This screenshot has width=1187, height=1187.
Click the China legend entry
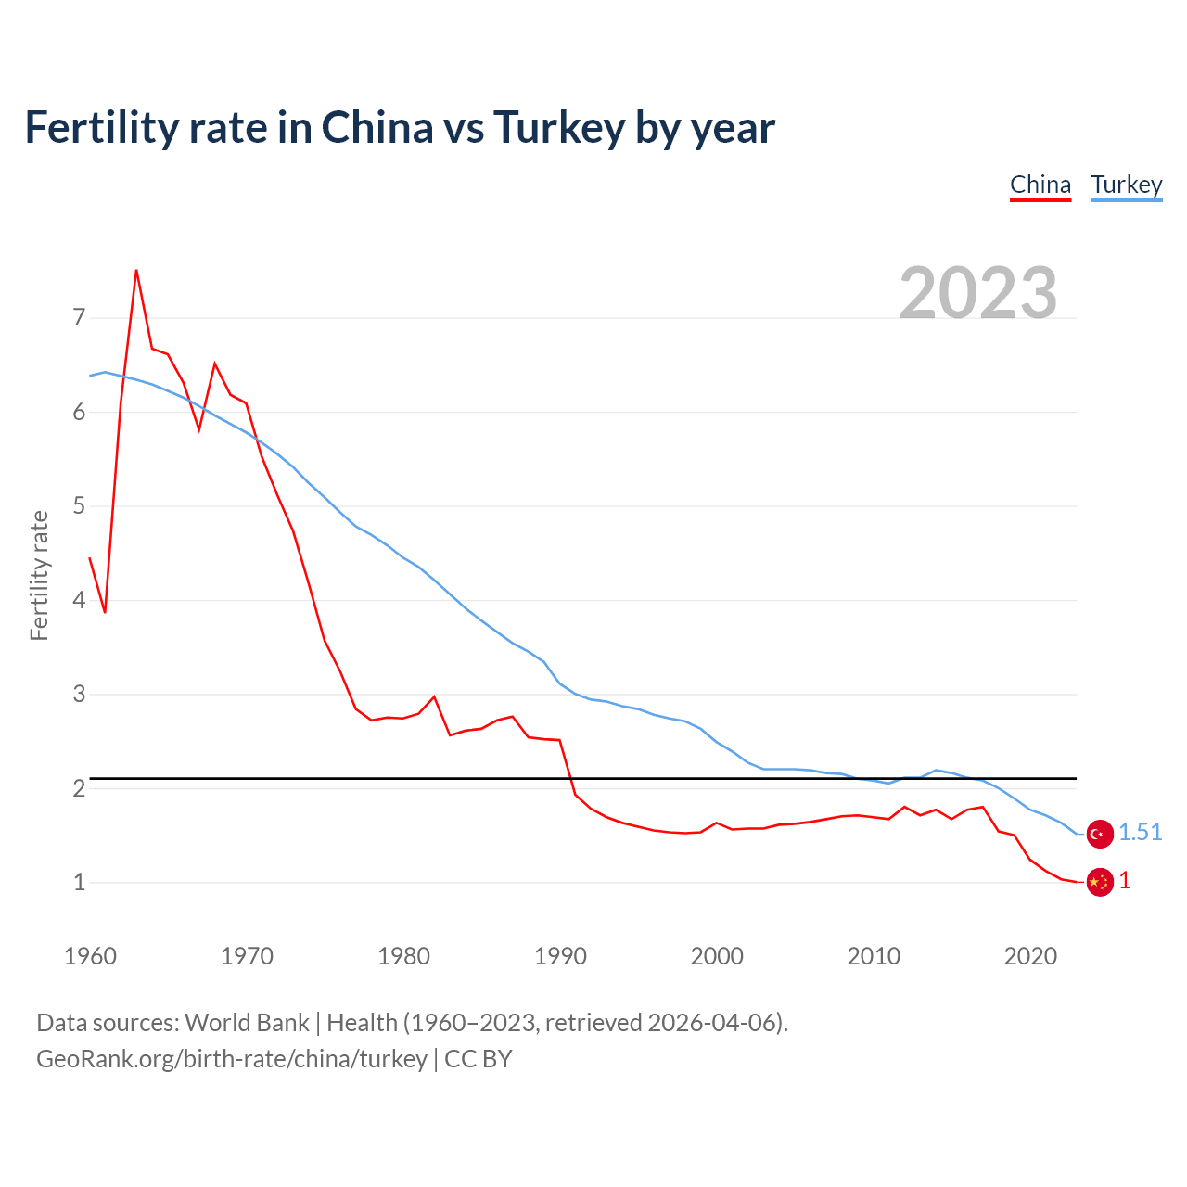pos(1040,185)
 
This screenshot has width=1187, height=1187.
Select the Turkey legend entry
pos(1126,185)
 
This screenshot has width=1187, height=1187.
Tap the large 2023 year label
pos(978,293)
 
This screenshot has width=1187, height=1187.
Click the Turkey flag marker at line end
pos(1100,834)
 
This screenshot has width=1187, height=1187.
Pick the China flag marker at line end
pos(1100,882)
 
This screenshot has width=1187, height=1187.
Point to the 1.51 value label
pos(1140,833)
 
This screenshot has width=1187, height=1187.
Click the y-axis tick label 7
pos(79,318)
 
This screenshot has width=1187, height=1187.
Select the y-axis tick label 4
pos(79,600)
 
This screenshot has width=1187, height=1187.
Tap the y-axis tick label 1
pos(79,882)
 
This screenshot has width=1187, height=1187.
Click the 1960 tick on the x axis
pos(90,956)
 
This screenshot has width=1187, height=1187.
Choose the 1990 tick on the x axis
pos(560,956)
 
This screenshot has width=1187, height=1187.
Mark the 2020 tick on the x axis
pos(1030,956)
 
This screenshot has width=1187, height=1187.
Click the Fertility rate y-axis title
pos(39,575)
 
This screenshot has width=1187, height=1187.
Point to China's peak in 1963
pos(136,271)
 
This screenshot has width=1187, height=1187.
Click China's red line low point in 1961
pos(105,612)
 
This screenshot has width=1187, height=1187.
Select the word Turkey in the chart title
pos(559,128)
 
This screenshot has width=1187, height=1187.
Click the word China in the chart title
pos(377,128)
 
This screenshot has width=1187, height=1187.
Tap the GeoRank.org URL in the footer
pos(231,1059)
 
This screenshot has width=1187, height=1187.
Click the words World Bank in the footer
pos(247,1023)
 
